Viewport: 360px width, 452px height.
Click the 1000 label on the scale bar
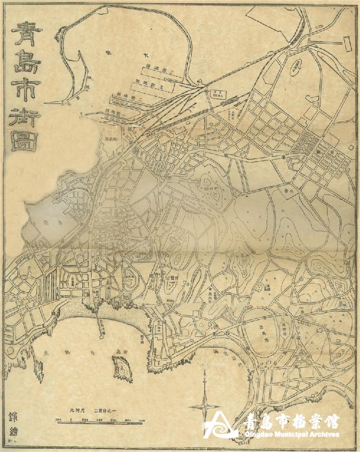coord(141,420)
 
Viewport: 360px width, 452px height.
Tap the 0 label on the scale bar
coord(71,420)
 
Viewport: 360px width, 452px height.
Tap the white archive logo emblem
coord(220,425)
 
